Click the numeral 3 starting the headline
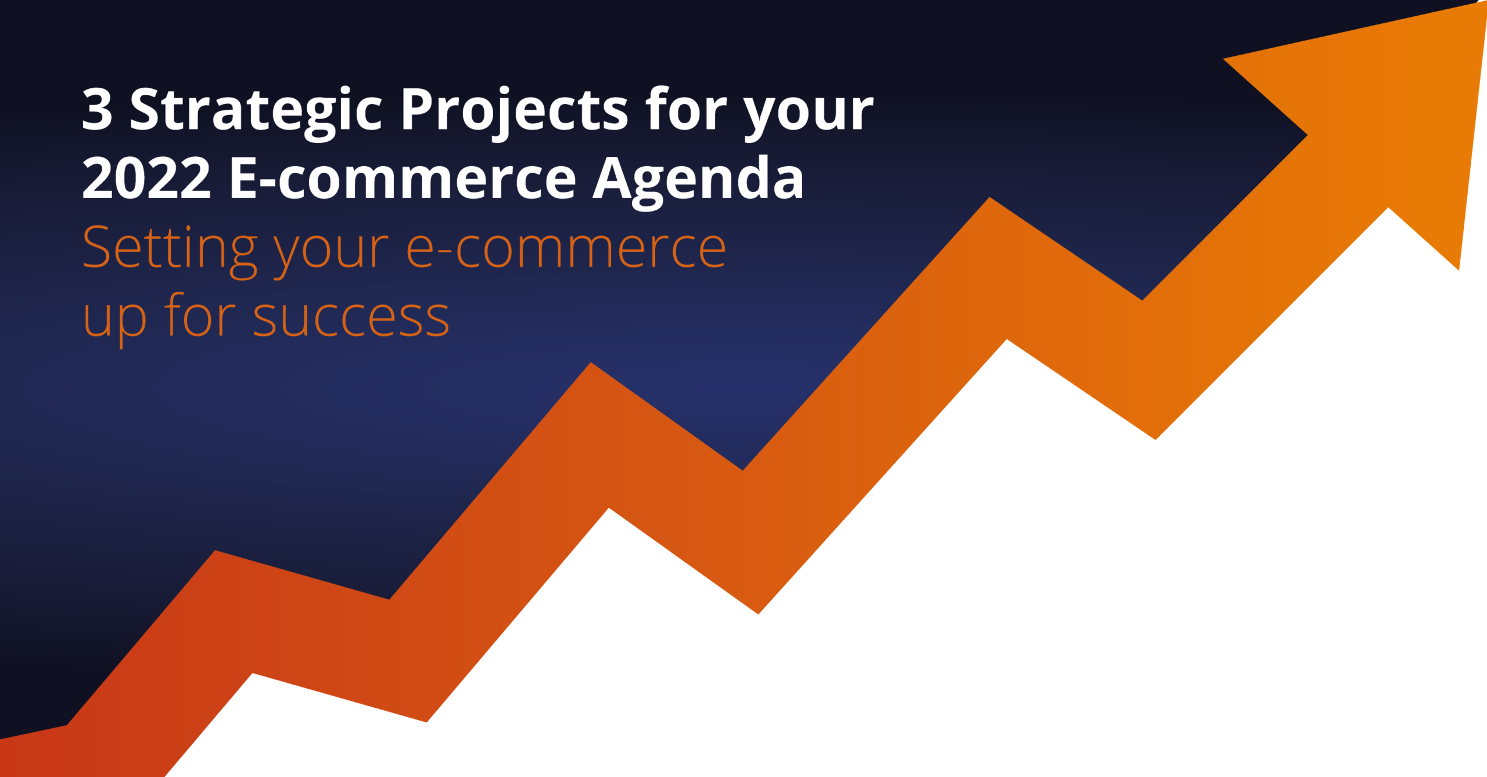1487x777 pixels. (97, 109)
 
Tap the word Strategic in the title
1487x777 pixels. (256, 113)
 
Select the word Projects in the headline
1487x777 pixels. (515, 113)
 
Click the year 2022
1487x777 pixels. (147, 178)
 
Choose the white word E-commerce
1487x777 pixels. (403, 178)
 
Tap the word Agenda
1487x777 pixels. (698, 181)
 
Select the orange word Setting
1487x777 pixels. (170, 252)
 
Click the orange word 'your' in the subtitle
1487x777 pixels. (331, 256)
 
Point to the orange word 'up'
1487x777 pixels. (114, 324)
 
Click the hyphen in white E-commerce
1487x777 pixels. (267, 181)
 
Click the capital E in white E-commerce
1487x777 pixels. (243, 178)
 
